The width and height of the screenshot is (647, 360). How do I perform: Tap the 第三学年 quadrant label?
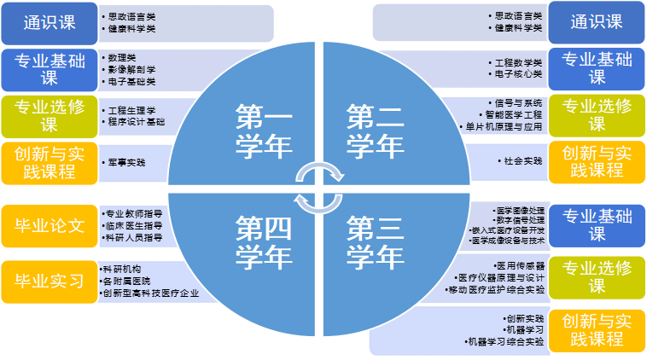coord(376,241)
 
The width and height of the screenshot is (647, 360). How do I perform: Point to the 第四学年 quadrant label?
coord(264,241)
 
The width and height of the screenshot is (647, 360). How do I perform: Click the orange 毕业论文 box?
coord(50,226)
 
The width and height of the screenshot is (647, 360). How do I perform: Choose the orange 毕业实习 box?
coord(50,281)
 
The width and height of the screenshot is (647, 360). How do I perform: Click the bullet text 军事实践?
coord(127,161)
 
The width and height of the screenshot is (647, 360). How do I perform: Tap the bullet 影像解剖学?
coord(132,69)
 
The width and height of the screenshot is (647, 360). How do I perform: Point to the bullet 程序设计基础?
coord(137,122)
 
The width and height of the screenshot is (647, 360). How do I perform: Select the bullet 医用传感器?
coord(520,265)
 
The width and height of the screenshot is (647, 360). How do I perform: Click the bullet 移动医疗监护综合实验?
coord(500,289)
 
